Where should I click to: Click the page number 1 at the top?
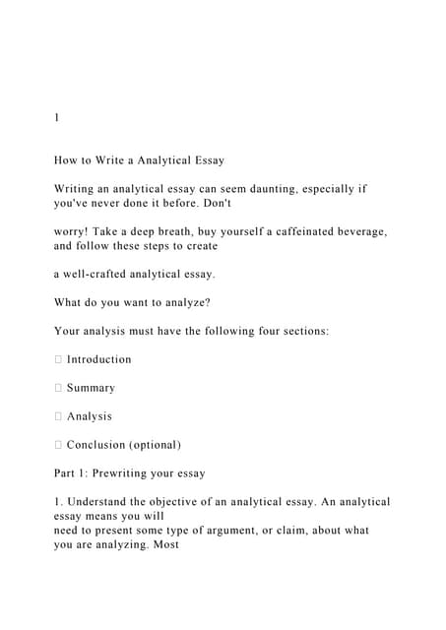(57, 117)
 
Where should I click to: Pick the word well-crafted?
(106, 274)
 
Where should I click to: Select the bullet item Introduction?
(98, 359)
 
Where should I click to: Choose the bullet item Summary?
(91, 388)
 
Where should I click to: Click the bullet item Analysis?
(90, 416)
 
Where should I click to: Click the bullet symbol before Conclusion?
(58, 445)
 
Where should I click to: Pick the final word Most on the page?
(162, 544)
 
